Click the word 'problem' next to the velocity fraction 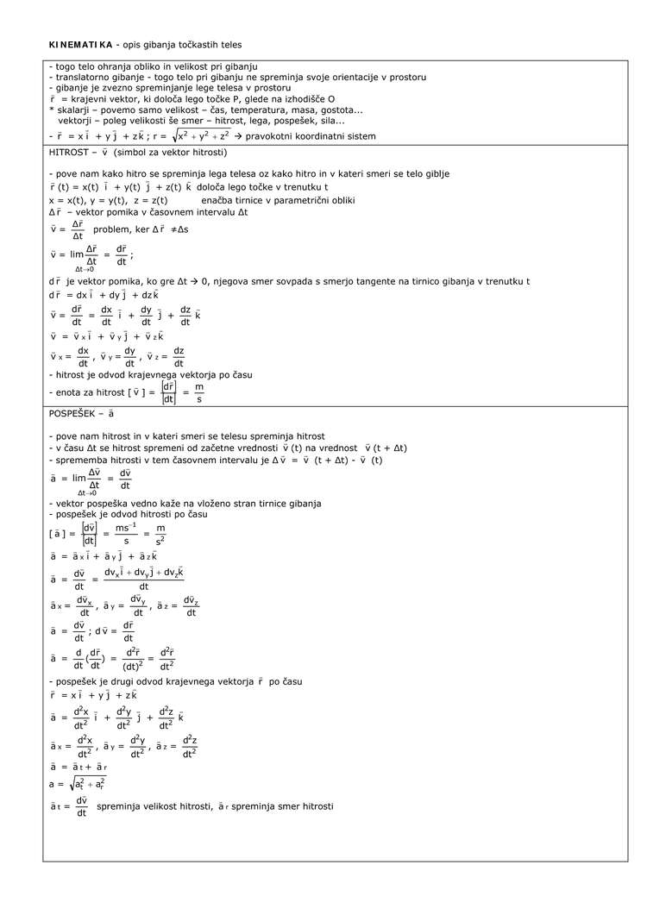coord(110,229)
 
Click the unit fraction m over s coord(199,393)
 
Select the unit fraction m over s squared coord(160,535)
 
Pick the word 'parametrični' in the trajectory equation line coord(284,200)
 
